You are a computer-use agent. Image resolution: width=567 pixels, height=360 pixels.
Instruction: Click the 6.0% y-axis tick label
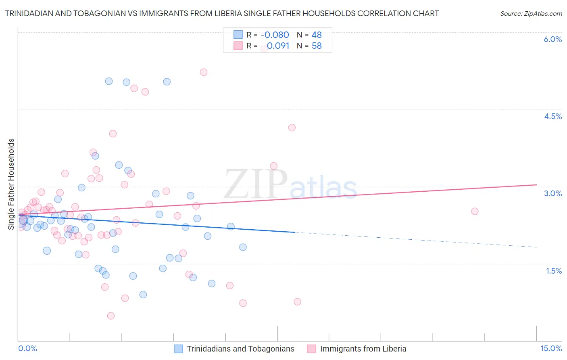click(x=552, y=39)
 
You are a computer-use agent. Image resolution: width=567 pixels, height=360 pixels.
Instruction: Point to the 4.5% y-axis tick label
click(x=552, y=116)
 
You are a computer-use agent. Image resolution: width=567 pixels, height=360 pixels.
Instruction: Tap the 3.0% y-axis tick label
click(x=552, y=193)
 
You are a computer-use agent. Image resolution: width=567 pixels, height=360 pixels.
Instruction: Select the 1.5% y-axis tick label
click(x=554, y=271)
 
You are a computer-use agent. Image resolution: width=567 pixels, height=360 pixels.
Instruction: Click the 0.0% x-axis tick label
click(x=27, y=348)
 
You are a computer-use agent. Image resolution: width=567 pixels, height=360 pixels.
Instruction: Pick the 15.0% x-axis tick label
click(x=551, y=348)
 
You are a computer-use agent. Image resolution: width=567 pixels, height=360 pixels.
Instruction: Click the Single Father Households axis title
click(x=11, y=184)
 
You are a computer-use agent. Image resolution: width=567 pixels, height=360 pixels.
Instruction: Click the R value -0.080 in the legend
click(x=275, y=35)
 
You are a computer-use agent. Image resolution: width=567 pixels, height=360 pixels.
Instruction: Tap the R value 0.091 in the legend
click(x=278, y=46)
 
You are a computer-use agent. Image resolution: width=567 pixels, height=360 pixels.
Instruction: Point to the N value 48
click(x=317, y=35)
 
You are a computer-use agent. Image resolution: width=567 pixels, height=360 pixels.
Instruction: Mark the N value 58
click(x=317, y=46)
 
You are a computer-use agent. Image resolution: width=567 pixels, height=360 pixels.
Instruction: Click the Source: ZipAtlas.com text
click(x=531, y=13)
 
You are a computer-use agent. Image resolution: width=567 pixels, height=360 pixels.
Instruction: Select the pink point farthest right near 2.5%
click(x=475, y=211)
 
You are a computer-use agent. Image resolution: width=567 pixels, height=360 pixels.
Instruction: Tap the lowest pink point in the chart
click(x=111, y=316)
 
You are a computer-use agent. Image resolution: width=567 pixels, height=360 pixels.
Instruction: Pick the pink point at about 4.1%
click(x=292, y=128)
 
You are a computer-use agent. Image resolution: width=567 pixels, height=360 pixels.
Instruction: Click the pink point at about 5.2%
click(x=204, y=72)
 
